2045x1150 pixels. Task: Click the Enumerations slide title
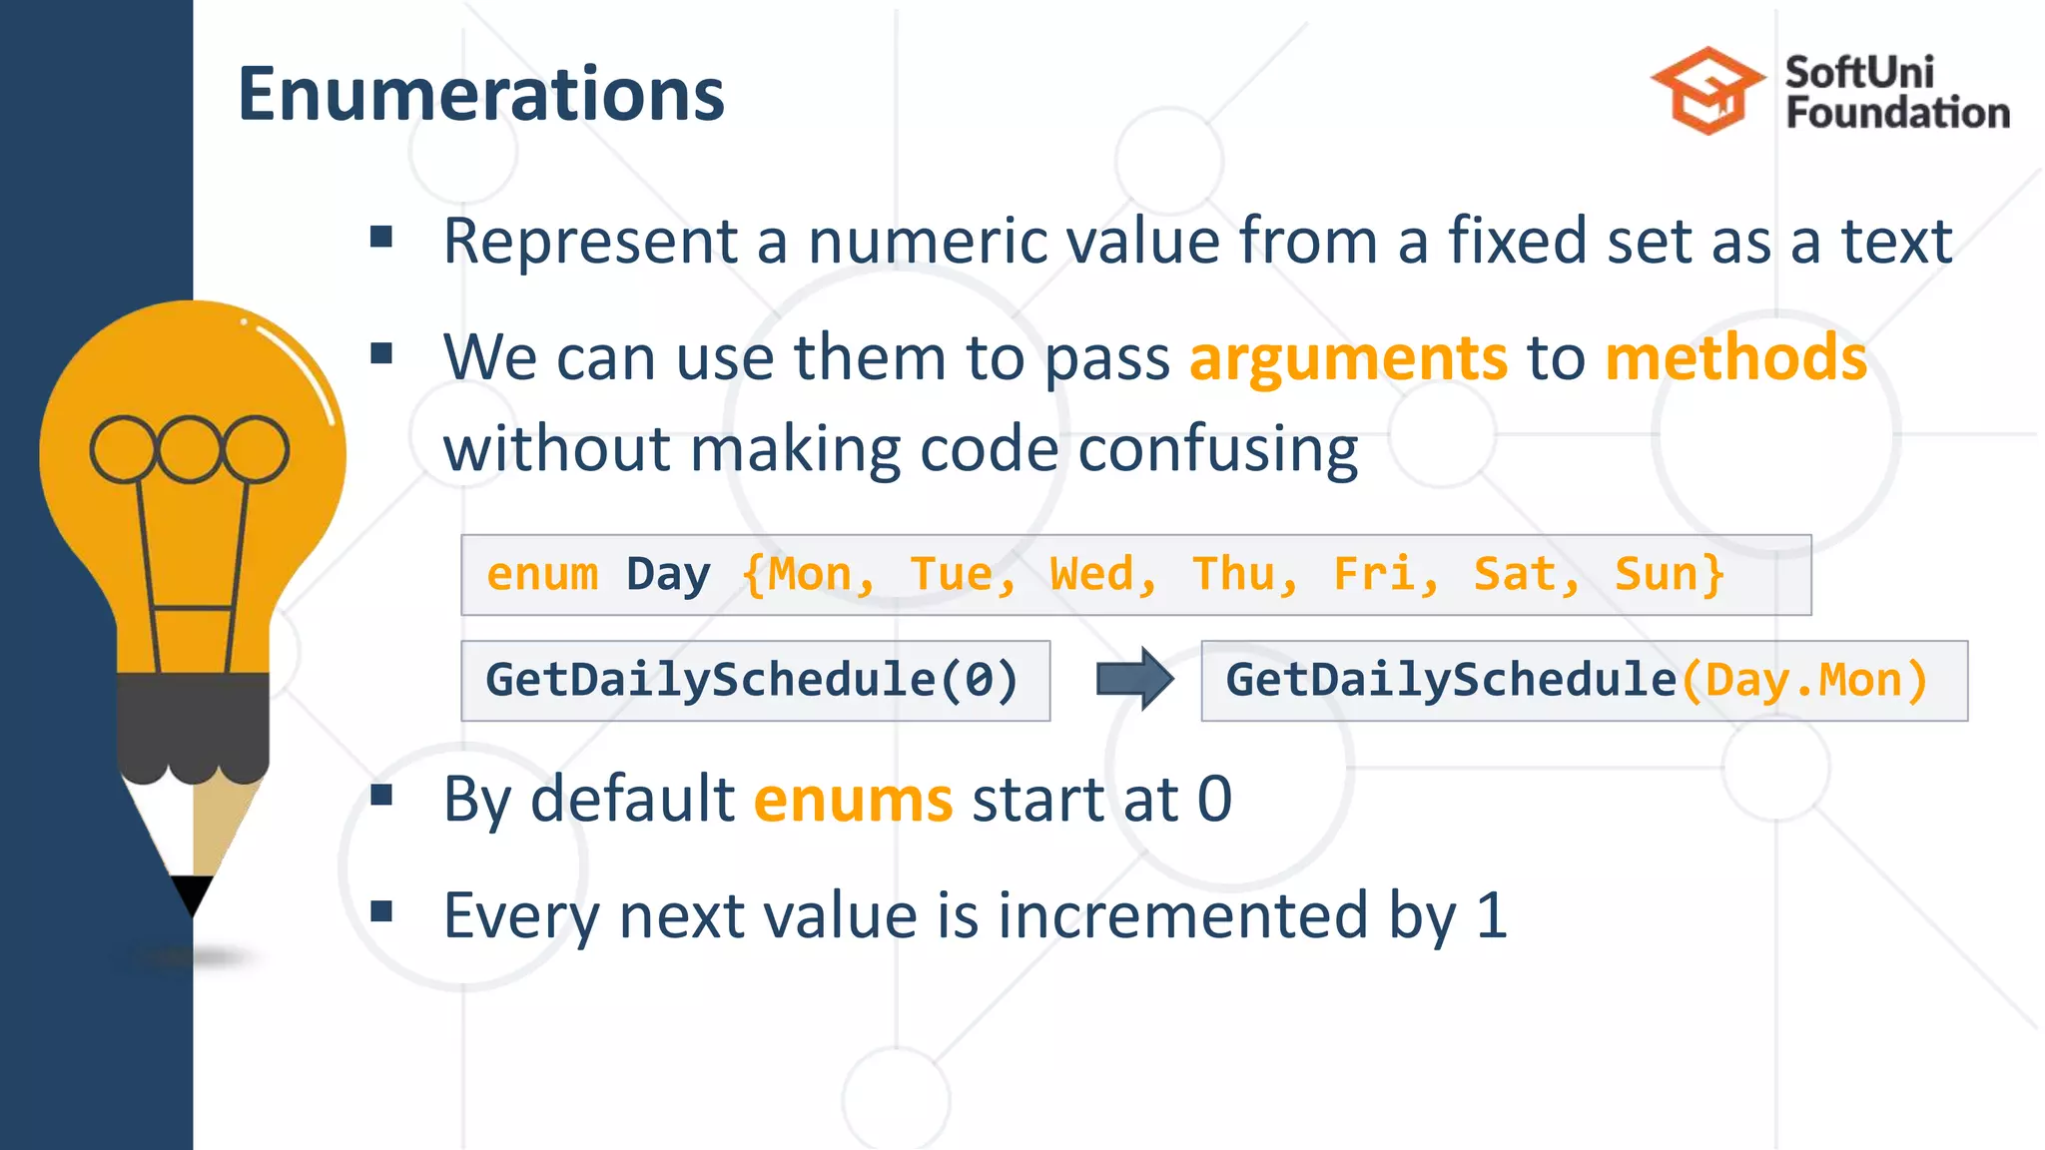[480, 94]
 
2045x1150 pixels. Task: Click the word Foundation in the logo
[1897, 112]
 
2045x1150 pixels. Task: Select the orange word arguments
[1348, 358]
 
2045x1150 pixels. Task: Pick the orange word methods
[1735, 358]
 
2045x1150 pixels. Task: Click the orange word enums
[854, 800]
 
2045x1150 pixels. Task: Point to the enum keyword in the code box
[542, 575]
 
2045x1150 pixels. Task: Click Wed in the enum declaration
[1092, 575]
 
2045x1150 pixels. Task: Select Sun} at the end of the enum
[1670, 575]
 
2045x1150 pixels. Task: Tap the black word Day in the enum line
[668, 575]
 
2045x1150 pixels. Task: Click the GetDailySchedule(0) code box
[754, 681]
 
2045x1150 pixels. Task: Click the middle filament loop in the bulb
[189, 449]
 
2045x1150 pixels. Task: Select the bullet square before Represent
[380, 237]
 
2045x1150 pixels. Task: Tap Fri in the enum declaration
[1374, 575]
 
